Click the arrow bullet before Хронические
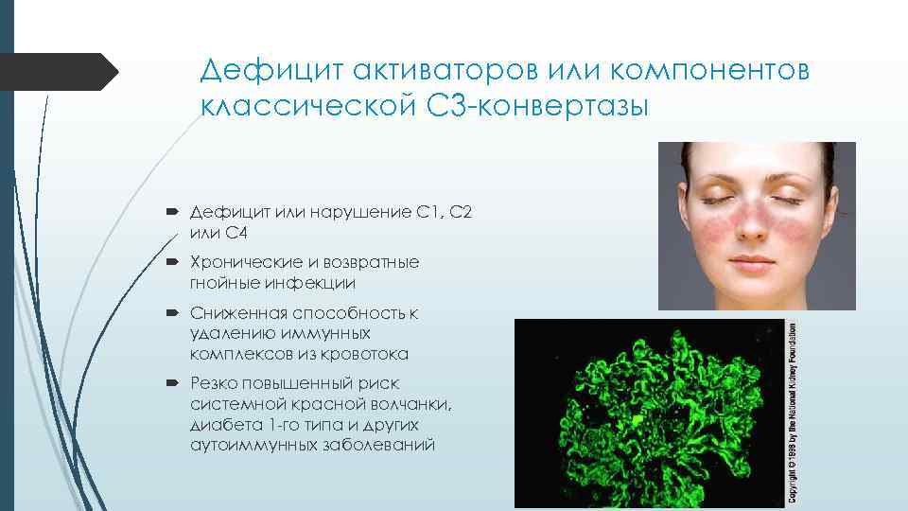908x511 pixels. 176,261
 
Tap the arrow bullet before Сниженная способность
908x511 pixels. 176,313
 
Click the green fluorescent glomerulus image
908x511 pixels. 653,413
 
